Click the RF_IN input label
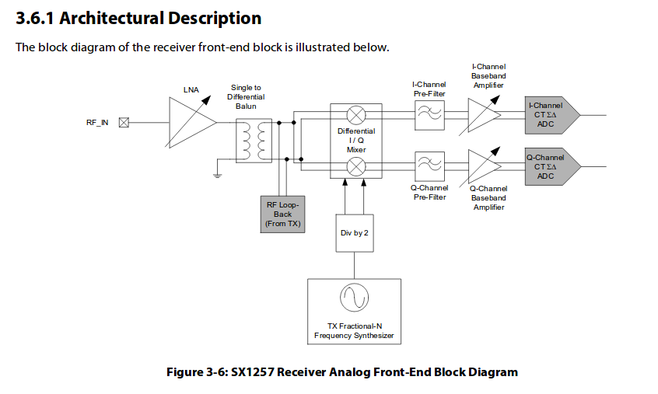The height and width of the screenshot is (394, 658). (98, 122)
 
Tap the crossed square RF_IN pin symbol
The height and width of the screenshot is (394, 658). (124, 122)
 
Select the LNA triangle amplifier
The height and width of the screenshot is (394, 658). (187, 122)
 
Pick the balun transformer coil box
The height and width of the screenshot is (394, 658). (254, 141)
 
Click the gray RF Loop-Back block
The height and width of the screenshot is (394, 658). (282, 214)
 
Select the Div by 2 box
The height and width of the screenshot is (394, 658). (354, 232)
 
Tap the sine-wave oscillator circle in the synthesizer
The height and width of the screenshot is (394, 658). (354, 299)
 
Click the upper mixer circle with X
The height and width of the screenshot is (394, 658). (355, 116)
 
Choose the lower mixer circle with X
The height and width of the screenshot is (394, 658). (355, 166)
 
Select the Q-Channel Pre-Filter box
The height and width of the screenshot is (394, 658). (429, 165)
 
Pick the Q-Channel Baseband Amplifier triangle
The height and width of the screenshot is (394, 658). (481, 165)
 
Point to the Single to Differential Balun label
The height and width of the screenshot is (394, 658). (246, 96)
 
